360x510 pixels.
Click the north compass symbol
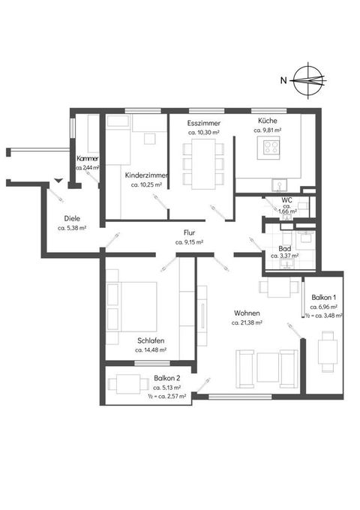[x=308, y=80]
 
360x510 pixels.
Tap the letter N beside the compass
[x=283, y=80]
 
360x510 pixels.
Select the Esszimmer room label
[x=203, y=123]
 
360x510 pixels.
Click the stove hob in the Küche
[x=271, y=147]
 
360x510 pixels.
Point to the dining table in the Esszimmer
[x=203, y=164]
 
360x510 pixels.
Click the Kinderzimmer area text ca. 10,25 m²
[x=146, y=184]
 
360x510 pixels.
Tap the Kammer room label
[x=88, y=159]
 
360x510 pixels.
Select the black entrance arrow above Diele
[x=58, y=181]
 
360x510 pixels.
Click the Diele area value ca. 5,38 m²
[x=72, y=228]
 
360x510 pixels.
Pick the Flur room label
[x=189, y=233]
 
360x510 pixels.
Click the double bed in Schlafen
[x=132, y=307]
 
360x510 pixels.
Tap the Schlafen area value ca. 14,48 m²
[x=151, y=350]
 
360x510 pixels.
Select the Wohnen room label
[x=247, y=313]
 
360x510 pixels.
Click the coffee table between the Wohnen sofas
[x=268, y=367]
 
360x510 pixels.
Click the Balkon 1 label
[x=323, y=297]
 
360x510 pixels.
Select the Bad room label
[x=284, y=249]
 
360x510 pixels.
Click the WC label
[x=286, y=200]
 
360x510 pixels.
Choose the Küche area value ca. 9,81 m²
[x=268, y=130]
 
